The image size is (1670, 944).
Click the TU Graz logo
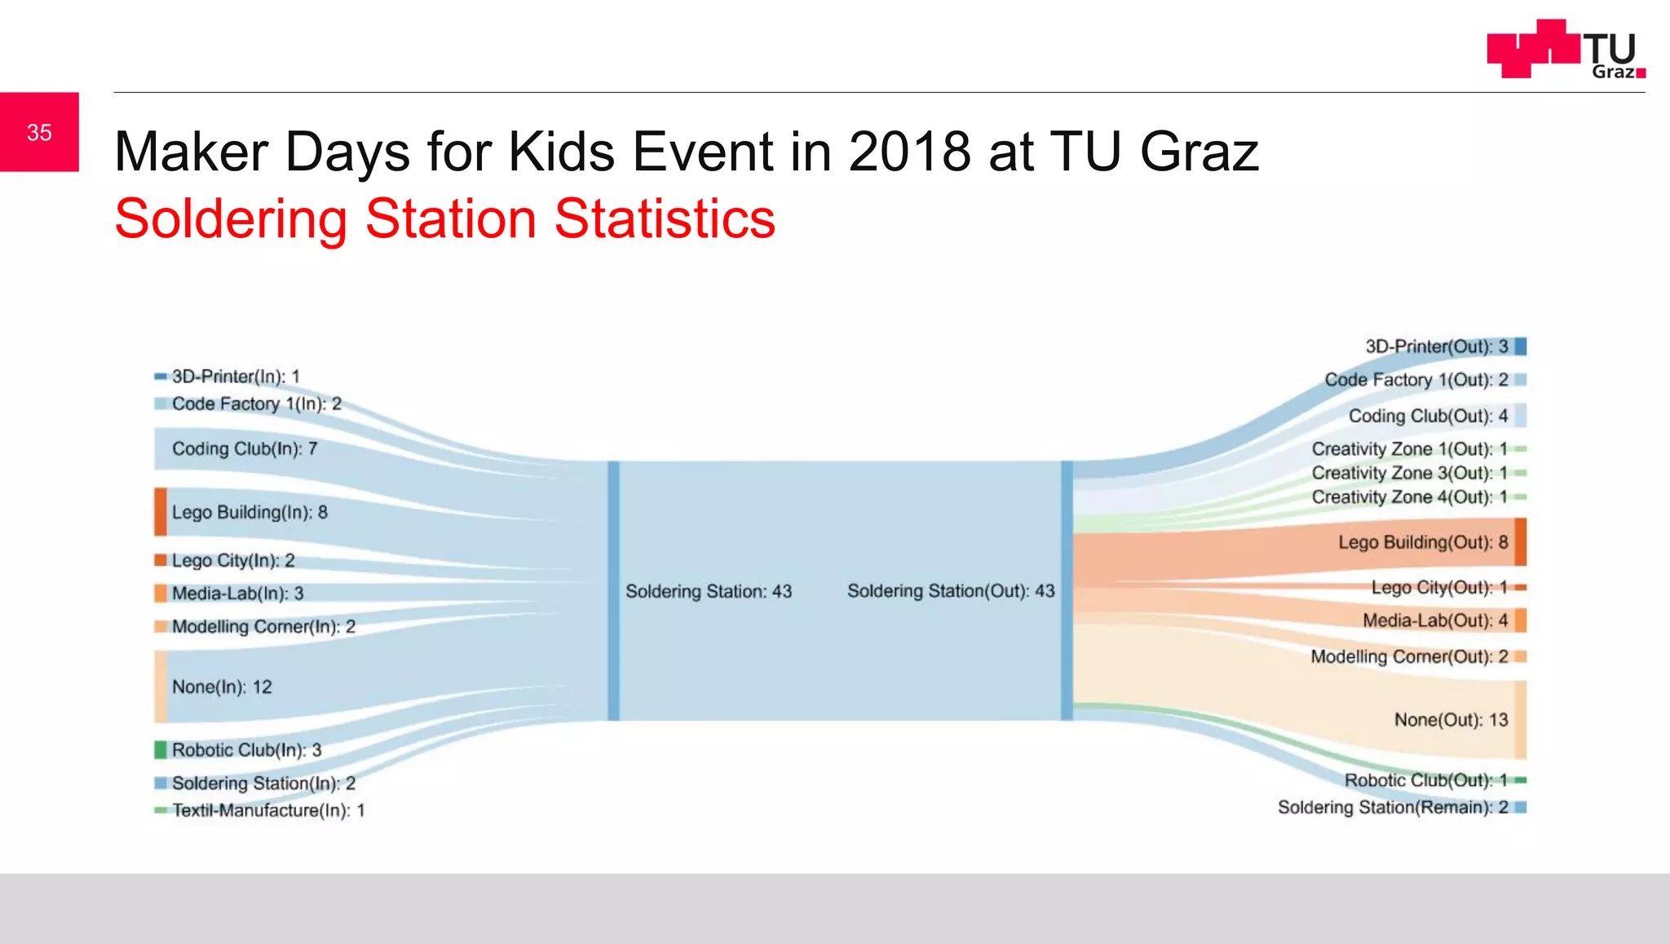(1565, 49)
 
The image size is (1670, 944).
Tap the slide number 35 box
(39, 132)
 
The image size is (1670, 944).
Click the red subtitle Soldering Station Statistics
(444, 218)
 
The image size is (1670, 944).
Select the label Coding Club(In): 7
(244, 448)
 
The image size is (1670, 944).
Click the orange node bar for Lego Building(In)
(161, 512)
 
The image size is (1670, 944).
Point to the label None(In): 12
(221, 686)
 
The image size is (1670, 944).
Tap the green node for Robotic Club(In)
(161, 749)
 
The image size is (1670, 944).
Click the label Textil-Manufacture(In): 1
(268, 810)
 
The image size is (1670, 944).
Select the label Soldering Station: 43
(708, 591)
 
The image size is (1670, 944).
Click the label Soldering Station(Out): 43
(950, 591)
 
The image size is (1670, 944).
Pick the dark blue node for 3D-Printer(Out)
(1520, 346)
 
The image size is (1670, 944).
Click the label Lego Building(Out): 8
(1422, 542)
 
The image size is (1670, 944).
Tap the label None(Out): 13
(1451, 720)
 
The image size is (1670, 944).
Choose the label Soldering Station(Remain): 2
(1392, 807)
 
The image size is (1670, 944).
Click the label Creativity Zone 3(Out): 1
(1408, 473)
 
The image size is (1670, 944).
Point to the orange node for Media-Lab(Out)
(1520, 620)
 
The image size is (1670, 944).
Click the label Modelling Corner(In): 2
(263, 626)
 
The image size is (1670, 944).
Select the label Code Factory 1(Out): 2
(1416, 380)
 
